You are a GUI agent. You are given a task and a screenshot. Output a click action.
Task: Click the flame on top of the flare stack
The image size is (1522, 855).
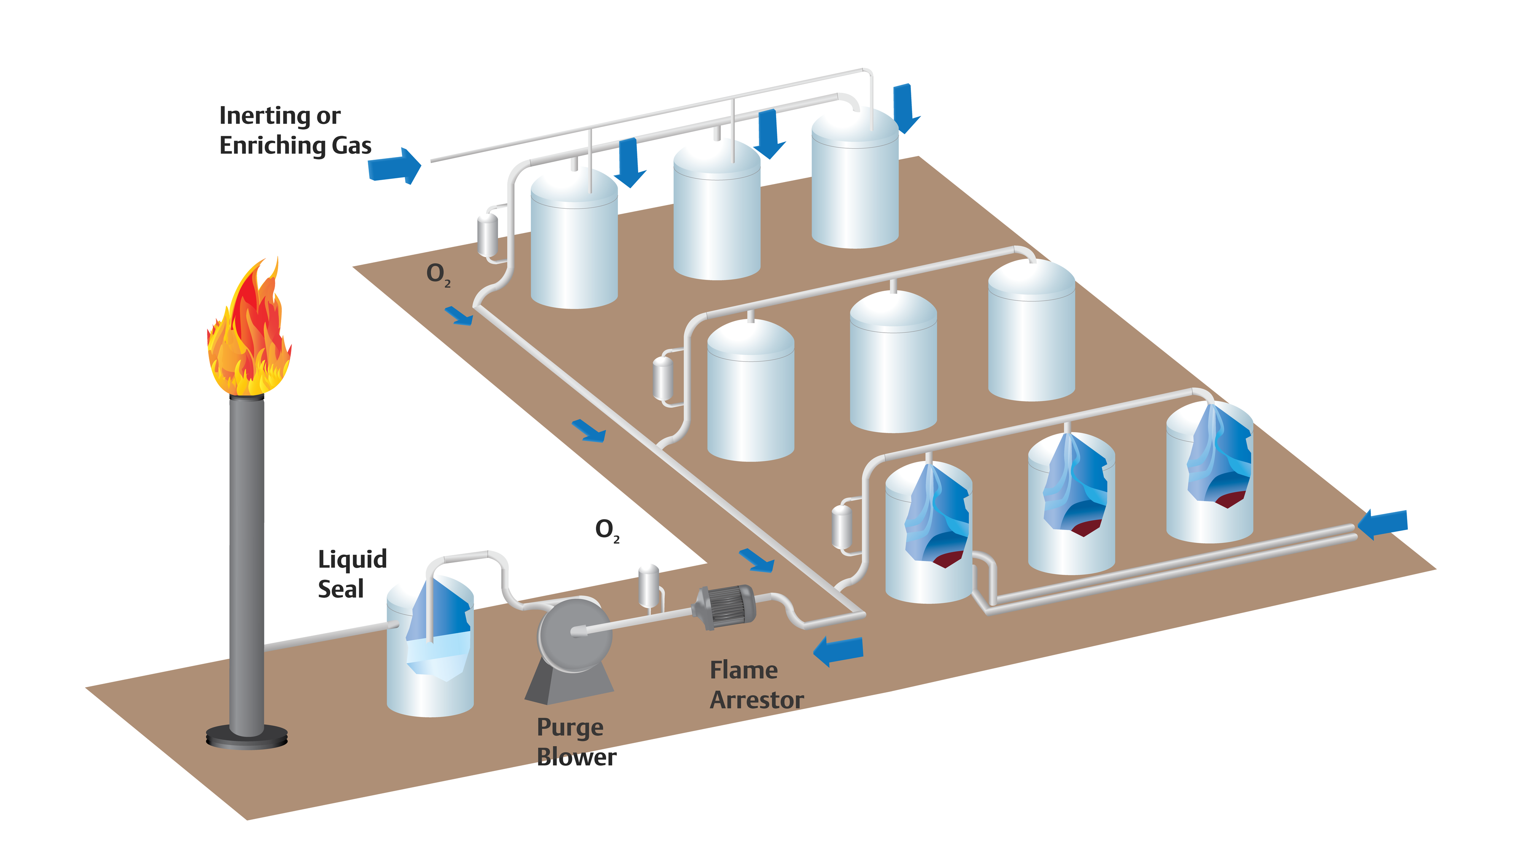249,334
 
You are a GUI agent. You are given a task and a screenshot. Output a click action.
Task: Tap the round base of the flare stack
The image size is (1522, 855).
247,738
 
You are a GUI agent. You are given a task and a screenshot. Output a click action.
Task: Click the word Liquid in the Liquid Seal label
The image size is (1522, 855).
352,560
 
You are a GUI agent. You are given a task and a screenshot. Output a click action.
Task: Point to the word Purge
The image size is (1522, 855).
570,728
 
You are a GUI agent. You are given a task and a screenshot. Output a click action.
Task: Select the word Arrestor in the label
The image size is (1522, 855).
756,700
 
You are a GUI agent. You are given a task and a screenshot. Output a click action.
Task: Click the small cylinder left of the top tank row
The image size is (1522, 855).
487,235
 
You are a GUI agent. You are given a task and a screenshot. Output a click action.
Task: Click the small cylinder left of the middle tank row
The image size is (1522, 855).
663,378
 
